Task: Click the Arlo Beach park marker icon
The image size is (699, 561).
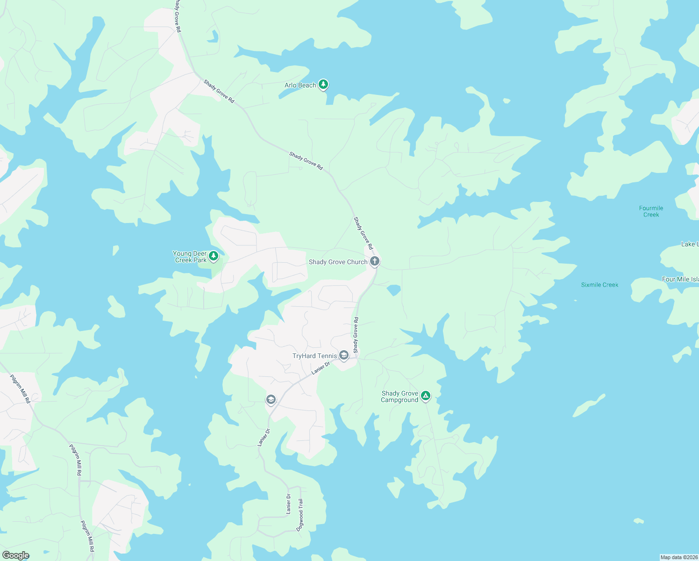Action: click(323, 85)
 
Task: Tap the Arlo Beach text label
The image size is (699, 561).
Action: click(300, 86)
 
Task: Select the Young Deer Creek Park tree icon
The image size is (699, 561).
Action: click(214, 256)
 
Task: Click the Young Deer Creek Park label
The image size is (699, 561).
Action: click(190, 257)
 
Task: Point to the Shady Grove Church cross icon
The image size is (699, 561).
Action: click(375, 261)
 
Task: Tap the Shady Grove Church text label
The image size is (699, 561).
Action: click(338, 262)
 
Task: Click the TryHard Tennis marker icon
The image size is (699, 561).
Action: click(344, 356)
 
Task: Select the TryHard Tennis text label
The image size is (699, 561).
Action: click(314, 356)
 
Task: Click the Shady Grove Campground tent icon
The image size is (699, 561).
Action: click(425, 396)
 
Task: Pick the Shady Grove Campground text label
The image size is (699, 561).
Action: click(399, 397)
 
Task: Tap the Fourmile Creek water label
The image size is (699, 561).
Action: click(651, 211)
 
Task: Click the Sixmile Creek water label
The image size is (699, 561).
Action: click(599, 285)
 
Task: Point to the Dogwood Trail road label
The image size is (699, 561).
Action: click(300, 515)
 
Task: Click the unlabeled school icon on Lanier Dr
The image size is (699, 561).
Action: click(271, 400)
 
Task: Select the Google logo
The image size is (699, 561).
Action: click(15, 555)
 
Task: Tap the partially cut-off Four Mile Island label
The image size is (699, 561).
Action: click(680, 279)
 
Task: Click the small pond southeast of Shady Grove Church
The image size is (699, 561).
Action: click(394, 290)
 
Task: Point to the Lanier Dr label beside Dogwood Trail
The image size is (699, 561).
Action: click(289, 504)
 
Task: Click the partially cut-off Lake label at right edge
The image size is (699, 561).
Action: click(690, 244)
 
